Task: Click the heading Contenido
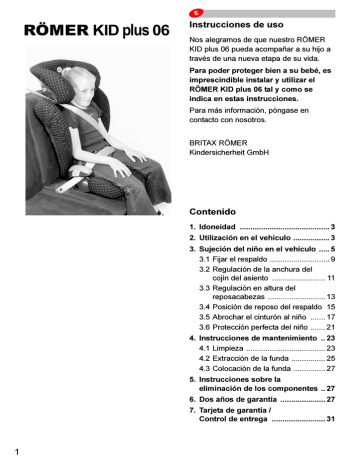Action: pyautogui.click(x=214, y=211)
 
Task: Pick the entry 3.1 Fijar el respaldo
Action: pyautogui.click(x=234, y=259)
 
